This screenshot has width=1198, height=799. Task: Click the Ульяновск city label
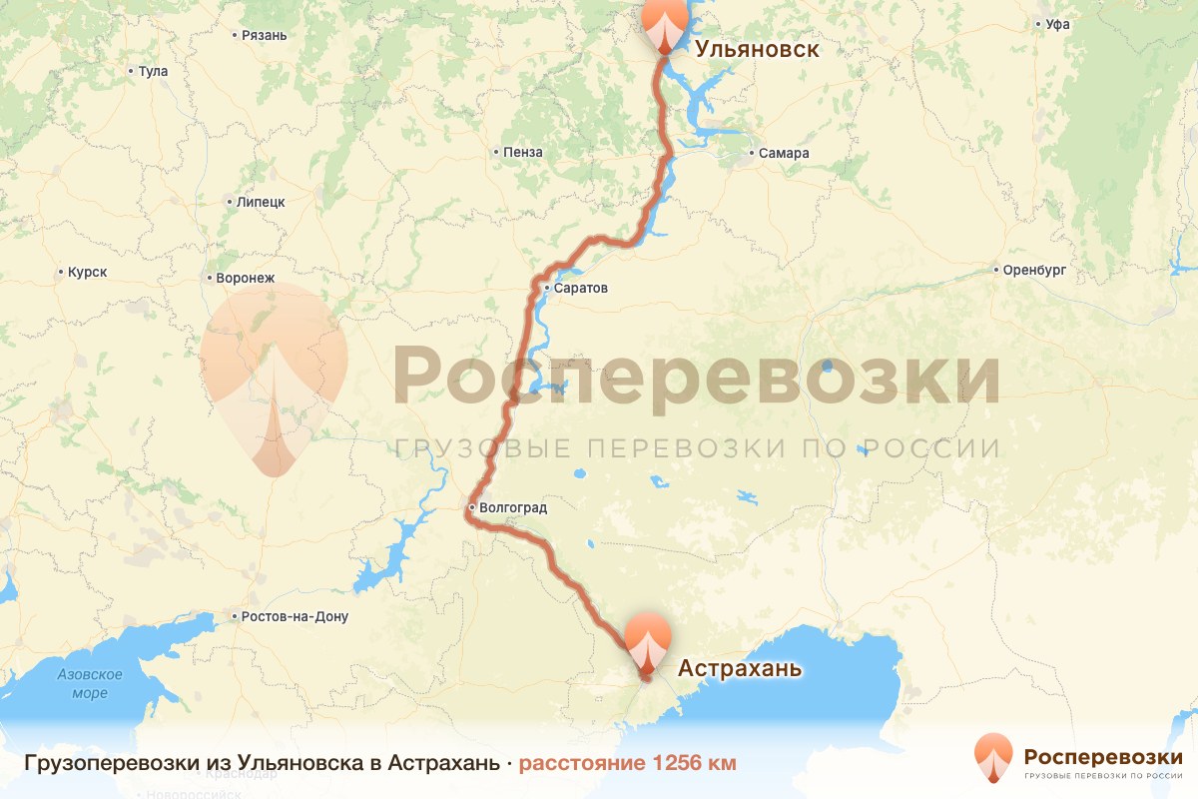(x=757, y=49)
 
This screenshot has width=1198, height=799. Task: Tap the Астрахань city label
(x=740, y=667)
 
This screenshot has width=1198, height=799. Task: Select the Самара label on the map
(x=783, y=154)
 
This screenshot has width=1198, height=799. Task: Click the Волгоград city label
(x=513, y=507)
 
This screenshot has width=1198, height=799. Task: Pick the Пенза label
(x=524, y=153)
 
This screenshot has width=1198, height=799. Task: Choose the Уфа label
(x=1057, y=24)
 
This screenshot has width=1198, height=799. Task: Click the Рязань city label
(x=264, y=36)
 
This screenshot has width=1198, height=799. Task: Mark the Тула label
(x=153, y=72)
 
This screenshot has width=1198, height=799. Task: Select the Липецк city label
(x=261, y=202)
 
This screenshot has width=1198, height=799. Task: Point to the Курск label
(x=87, y=272)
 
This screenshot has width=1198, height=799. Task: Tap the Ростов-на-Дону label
(x=295, y=616)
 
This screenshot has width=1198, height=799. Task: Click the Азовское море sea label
(x=89, y=684)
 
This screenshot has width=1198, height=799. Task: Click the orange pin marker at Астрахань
(x=648, y=643)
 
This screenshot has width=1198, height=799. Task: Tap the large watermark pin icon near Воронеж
(x=274, y=380)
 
